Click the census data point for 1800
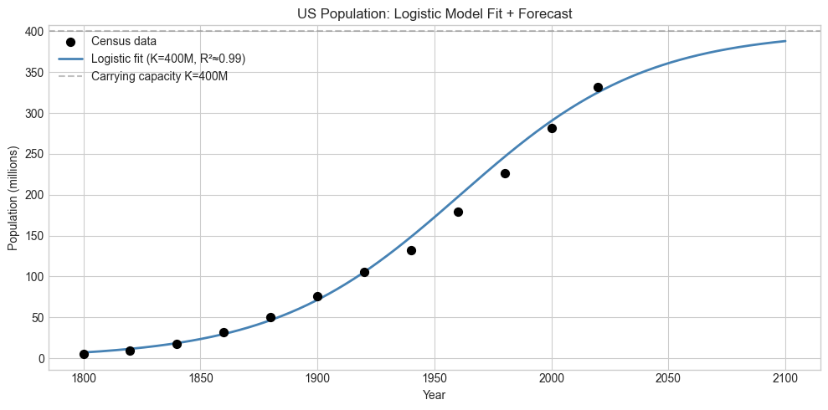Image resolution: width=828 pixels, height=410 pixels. [84, 354]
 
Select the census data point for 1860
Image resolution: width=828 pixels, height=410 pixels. [224, 332]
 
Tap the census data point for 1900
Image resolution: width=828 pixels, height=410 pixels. [317, 296]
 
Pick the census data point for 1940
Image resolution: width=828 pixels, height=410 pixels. [411, 250]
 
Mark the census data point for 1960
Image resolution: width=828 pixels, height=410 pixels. [458, 212]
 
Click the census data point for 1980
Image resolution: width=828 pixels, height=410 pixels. [505, 173]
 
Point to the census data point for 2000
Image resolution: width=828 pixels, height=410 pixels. [552, 128]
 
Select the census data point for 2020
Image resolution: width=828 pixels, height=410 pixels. [598, 87]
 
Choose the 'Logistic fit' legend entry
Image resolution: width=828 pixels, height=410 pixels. [167, 59]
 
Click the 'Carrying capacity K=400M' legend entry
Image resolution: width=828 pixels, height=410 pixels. [159, 76]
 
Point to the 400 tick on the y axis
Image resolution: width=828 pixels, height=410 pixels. [33, 32]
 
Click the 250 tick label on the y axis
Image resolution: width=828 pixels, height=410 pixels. [33, 154]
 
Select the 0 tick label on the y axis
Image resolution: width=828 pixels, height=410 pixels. [39, 359]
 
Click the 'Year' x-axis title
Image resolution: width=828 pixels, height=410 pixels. [435, 395]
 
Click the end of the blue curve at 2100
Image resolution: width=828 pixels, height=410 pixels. [785, 41]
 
